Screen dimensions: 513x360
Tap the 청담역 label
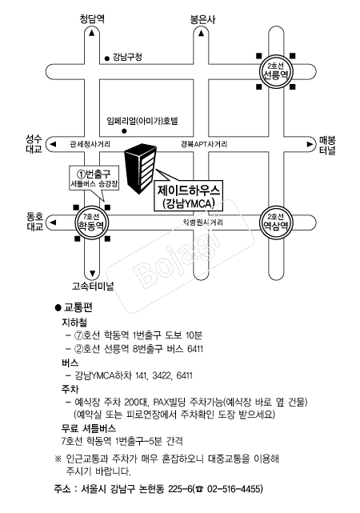(94, 18)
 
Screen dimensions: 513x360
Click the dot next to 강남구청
(106, 57)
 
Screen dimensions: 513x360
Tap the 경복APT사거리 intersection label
(203, 144)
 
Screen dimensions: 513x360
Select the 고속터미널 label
(94, 286)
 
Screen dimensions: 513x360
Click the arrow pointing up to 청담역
(94, 34)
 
